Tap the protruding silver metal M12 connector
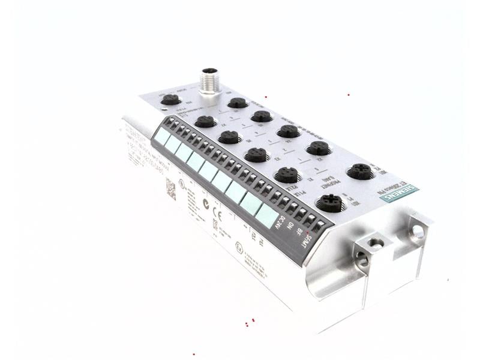pyautogui.click(x=209, y=81)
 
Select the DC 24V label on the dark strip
pyautogui.click(x=280, y=224)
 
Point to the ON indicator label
pyautogui.click(x=292, y=229)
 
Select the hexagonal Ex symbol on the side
pyautogui.click(x=239, y=246)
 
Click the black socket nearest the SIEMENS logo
pyautogui.click(x=360, y=172)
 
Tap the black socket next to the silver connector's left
pyautogui.click(x=171, y=100)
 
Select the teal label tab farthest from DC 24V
pyautogui.click(x=161, y=136)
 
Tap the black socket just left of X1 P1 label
pyautogui.click(x=329, y=203)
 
